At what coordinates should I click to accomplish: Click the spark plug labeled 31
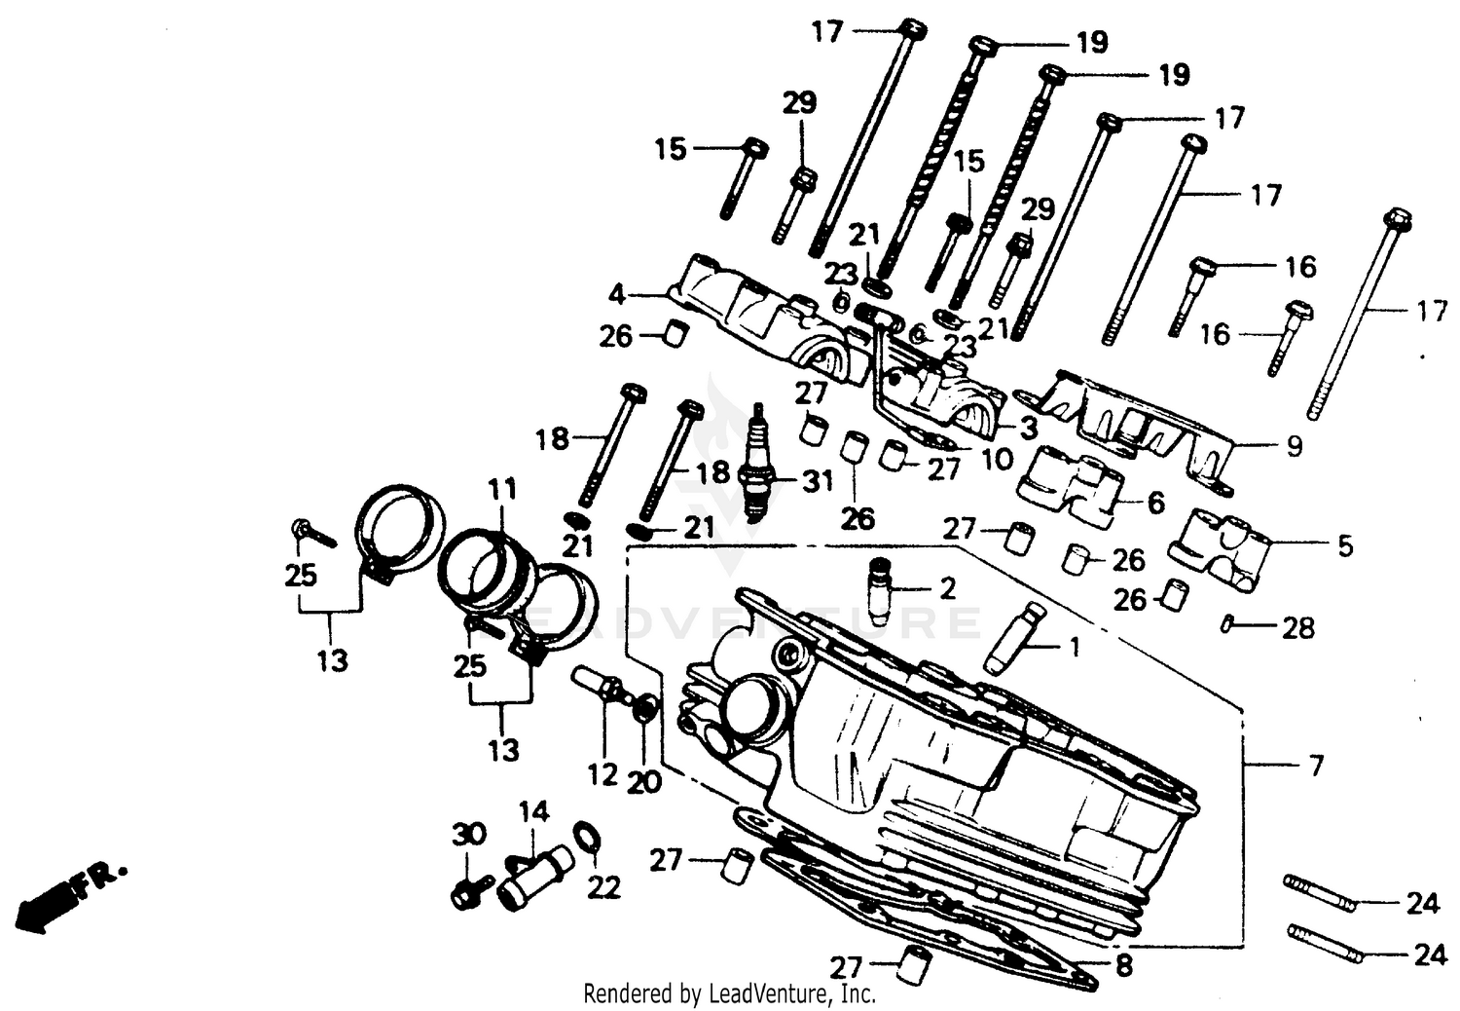click(758, 467)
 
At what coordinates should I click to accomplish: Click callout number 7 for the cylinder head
click(1315, 766)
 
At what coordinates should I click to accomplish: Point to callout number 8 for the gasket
click(1123, 967)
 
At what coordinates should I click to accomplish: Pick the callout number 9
click(1294, 446)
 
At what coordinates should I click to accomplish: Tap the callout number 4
click(616, 293)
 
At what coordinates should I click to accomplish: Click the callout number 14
click(533, 811)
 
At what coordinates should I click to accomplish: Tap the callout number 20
click(644, 781)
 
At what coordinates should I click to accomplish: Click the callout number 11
click(503, 489)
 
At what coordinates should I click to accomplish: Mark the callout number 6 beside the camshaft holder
click(1155, 503)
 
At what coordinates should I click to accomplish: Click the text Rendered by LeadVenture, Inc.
click(729, 993)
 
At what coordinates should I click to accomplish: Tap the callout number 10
click(997, 459)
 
